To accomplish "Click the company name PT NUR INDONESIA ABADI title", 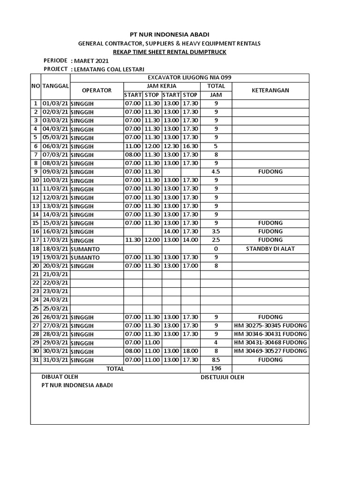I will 169,34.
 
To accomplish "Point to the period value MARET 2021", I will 90,61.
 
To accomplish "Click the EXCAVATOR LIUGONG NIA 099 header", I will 189,78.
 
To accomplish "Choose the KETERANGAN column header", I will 270,90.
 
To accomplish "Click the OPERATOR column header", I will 97,90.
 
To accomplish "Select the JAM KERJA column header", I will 162,86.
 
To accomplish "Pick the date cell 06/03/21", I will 55,146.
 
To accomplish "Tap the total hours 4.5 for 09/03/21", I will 216,172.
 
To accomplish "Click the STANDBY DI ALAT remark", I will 270,249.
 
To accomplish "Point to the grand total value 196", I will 216,368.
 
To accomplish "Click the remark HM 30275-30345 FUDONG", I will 270,326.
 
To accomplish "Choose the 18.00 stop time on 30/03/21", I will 190,351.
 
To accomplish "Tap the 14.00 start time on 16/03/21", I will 171,232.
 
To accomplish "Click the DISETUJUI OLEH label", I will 222,377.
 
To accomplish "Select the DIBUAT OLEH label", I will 60,377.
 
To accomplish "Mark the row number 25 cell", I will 36,308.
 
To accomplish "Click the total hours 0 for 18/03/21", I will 216,249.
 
